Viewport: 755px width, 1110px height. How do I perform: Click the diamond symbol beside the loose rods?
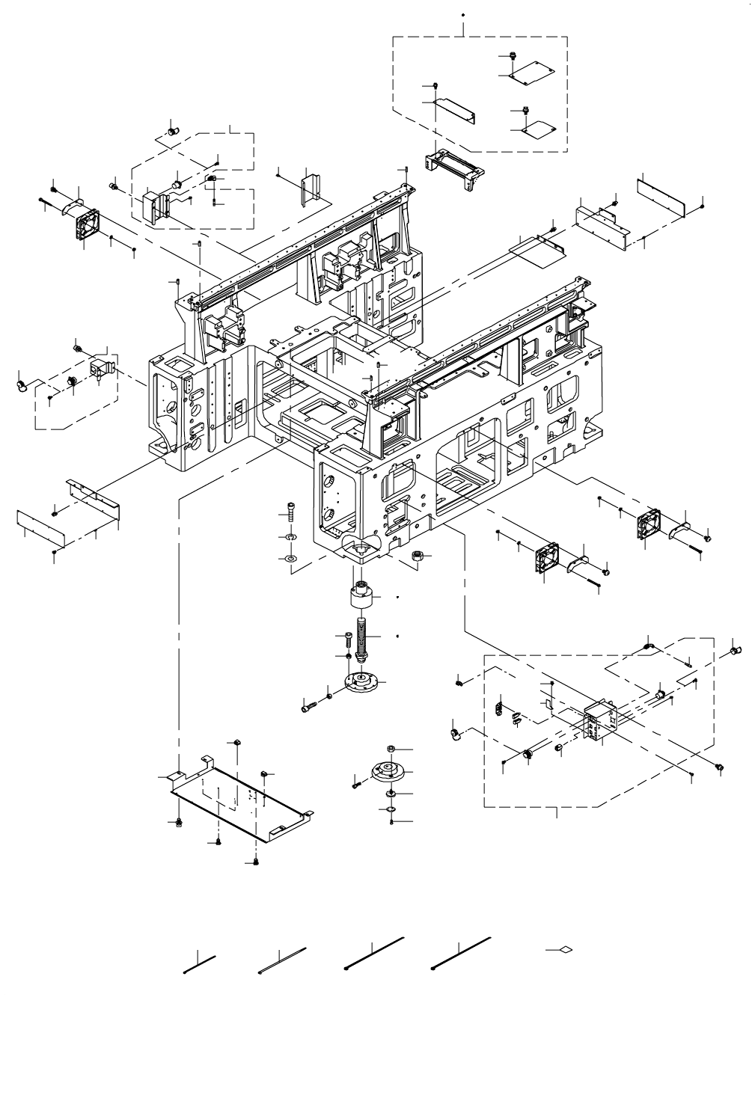(566, 950)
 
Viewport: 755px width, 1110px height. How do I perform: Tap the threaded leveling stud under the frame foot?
(362, 637)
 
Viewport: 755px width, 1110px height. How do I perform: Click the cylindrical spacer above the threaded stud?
(361, 599)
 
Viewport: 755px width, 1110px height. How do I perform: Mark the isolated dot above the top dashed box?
(463, 14)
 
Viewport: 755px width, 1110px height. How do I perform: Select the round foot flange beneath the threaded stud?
(362, 681)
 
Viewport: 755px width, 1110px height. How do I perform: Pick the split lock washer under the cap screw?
(290, 537)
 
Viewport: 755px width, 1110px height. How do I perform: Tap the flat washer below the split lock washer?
(290, 558)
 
